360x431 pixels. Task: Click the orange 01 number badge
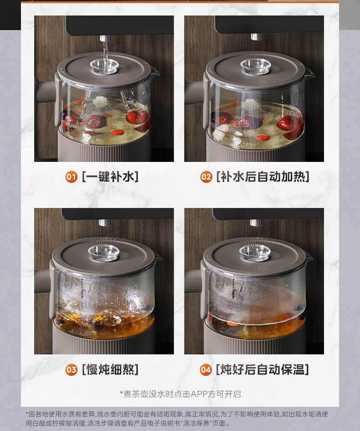[x=71, y=177]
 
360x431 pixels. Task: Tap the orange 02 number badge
[x=206, y=177]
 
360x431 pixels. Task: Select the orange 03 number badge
[x=72, y=369]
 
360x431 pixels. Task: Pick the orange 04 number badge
[x=206, y=369]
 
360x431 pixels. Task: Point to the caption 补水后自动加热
[x=263, y=177]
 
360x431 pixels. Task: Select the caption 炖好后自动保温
[x=263, y=369]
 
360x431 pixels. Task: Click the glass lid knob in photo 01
[x=104, y=67]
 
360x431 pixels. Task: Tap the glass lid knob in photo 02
[x=256, y=67]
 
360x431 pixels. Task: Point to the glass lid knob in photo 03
[x=104, y=253]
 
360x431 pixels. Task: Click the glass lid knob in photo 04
[x=255, y=253]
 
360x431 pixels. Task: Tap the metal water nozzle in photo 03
[x=105, y=223]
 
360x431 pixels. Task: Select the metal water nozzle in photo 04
[x=256, y=223]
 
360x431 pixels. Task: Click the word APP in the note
[x=199, y=394]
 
